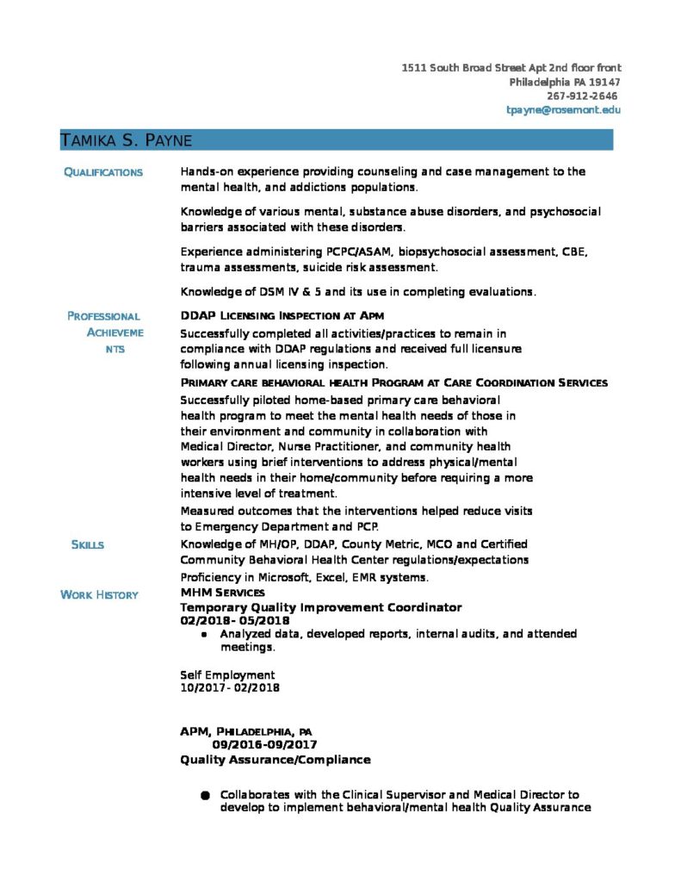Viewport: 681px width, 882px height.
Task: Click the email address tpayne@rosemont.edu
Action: [x=563, y=110]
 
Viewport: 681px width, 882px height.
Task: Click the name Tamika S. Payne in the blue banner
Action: [x=126, y=140]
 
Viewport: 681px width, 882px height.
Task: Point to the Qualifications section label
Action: [x=103, y=172]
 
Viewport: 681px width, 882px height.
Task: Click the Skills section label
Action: [x=87, y=544]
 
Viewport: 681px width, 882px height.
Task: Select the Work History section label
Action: [x=99, y=595]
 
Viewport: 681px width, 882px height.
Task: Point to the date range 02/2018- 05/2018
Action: [x=235, y=620]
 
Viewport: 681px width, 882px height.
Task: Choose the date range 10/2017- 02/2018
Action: [x=230, y=688]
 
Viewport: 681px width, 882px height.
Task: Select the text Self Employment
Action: [x=227, y=675]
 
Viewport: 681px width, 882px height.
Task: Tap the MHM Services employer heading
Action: [x=222, y=593]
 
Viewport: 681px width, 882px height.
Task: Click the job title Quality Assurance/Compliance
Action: [x=275, y=760]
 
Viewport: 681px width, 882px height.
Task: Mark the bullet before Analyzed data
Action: [x=204, y=635]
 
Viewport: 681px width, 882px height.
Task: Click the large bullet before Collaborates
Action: [x=205, y=795]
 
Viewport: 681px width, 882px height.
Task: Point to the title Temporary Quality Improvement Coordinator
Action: [x=320, y=607]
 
